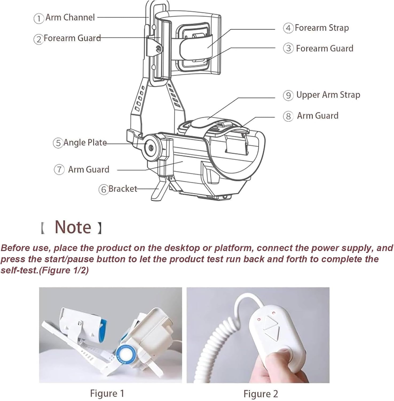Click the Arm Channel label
tap(70, 17)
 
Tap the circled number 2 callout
tap(38, 39)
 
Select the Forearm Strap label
tap(322, 28)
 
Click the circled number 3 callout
tap(288, 48)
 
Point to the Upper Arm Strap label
tap(328, 95)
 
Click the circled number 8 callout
tap(288, 116)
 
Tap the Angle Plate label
tap(85, 142)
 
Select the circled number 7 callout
tap(59, 169)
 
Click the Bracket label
tap(123, 189)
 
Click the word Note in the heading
tap(73, 227)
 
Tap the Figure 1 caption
tap(107, 393)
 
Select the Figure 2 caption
tap(261, 394)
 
